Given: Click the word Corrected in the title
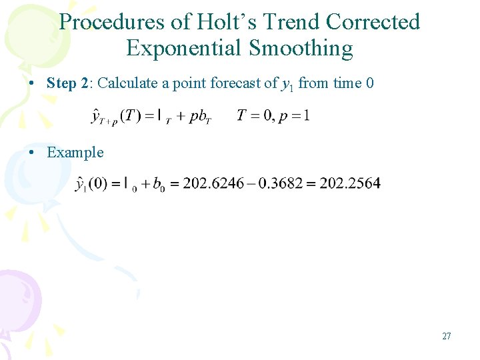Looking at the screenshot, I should pos(373,22).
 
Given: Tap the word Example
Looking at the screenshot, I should pos(75,152).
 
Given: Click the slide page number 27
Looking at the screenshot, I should pos(447,336).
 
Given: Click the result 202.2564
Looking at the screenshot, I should pos(350,184).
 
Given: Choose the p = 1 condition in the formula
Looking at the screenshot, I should pos(294,116).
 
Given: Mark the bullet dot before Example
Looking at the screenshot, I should pos(33,153).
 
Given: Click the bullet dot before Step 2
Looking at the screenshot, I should pos(33,84).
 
